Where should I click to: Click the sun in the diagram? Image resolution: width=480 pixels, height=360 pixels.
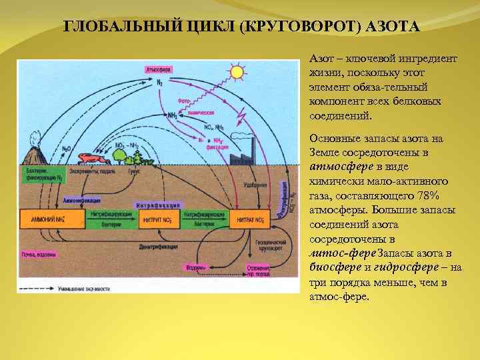pyautogui.click(x=236, y=71)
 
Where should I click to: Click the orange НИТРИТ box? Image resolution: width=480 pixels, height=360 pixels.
pyautogui.click(x=159, y=219)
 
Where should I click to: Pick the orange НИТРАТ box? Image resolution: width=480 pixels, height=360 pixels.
pyautogui.click(x=251, y=219)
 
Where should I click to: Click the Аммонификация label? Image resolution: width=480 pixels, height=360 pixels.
pyautogui.click(x=83, y=199)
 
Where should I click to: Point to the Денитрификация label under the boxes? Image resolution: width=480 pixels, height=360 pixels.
pyautogui.click(x=159, y=246)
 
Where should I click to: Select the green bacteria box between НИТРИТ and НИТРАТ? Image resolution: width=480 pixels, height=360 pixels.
pyautogui.click(x=205, y=219)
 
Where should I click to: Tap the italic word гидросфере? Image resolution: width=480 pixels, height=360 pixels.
pyautogui.click(x=400, y=267)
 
